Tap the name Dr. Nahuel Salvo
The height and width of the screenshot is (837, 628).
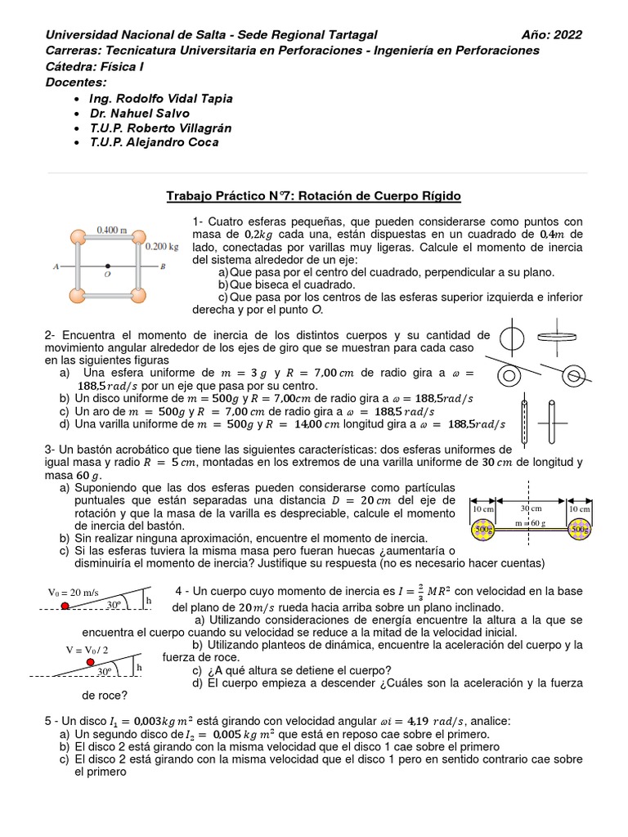point(141,113)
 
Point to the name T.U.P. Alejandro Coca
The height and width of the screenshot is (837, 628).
point(155,142)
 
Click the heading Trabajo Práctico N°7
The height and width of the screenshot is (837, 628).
point(314,196)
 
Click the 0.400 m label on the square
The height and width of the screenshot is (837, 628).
point(113,230)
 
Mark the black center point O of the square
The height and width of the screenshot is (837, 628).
point(108,266)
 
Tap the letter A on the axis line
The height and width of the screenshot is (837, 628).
point(55,266)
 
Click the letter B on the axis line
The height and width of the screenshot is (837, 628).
point(164,266)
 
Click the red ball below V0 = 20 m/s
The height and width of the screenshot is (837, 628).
point(65,606)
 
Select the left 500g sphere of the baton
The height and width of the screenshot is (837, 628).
point(483,530)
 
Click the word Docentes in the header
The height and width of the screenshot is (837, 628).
point(76,83)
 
